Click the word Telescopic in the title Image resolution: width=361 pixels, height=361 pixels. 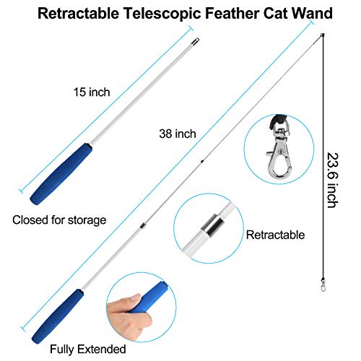click(162, 14)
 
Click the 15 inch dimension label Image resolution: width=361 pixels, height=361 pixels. click(92, 92)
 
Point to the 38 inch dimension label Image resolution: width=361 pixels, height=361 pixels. click(178, 134)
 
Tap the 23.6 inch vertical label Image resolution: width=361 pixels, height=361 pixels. click(333, 180)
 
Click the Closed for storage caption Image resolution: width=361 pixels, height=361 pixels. click(59, 220)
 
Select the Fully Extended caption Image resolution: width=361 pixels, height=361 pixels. click(88, 349)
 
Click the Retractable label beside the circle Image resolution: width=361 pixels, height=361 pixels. click(275, 235)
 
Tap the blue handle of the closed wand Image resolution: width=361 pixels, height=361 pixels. click(61, 174)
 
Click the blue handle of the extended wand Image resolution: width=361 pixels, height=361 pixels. click(58, 316)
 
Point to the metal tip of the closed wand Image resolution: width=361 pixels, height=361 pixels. click(196, 41)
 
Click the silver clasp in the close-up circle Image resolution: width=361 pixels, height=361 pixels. click(279, 152)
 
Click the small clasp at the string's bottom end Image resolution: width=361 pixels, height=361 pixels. click(323, 284)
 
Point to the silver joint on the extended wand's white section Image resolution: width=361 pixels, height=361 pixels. click(143, 225)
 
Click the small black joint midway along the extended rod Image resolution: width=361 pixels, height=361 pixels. click(202, 161)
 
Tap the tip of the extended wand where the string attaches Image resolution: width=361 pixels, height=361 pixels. click(323, 35)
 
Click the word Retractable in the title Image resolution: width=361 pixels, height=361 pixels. click(79, 13)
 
